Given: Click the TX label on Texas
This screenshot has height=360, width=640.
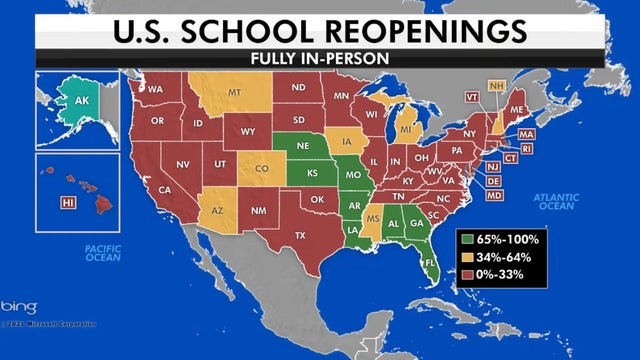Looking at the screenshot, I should (x=299, y=236).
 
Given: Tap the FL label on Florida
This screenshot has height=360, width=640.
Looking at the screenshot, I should (x=431, y=264).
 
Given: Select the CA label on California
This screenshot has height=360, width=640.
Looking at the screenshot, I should (x=165, y=190).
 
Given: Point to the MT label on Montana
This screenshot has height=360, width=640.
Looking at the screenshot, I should (x=237, y=92).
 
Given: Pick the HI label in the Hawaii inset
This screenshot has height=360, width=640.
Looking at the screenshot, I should (x=68, y=203).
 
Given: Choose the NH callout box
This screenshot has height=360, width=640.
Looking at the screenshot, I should (x=497, y=85).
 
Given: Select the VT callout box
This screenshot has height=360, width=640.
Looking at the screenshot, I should (x=472, y=97).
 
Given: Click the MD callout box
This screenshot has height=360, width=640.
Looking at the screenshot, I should (x=493, y=195).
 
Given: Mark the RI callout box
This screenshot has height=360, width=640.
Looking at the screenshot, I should (x=527, y=148).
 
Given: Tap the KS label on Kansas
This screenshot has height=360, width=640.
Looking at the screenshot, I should (x=312, y=172).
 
